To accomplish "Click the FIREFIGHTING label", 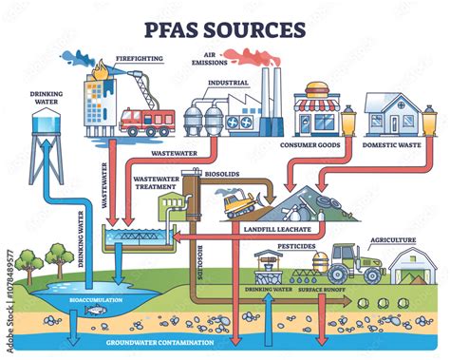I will pyautogui.click(x=140, y=59).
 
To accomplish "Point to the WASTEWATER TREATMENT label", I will pyautogui.click(x=156, y=182).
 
